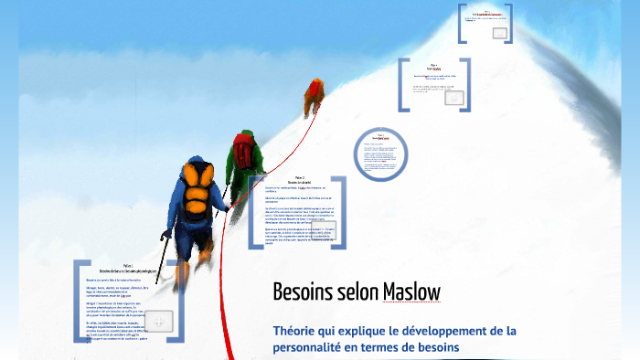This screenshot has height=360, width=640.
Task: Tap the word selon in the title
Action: (353, 291)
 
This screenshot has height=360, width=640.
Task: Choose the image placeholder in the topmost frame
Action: (499, 33)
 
